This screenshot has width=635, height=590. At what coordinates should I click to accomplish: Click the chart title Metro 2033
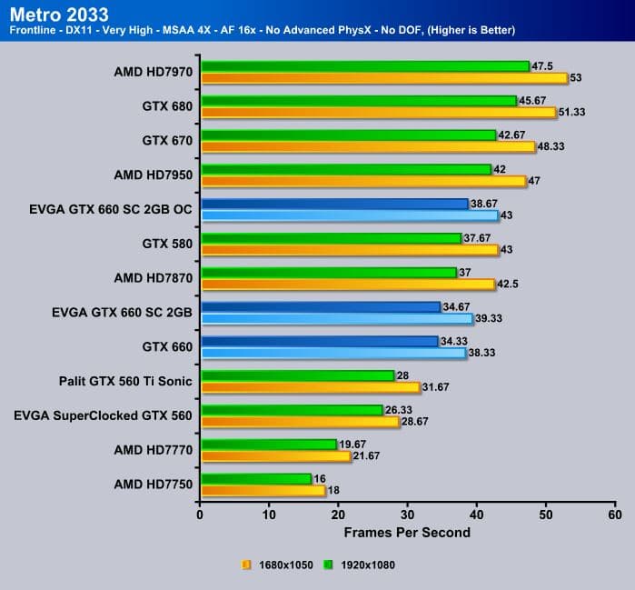(x=57, y=15)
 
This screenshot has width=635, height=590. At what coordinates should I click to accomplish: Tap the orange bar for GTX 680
(x=378, y=112)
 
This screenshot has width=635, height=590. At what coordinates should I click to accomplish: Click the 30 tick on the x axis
(x=407, y=515)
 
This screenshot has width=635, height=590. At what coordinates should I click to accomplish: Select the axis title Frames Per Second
(x=407, y=532)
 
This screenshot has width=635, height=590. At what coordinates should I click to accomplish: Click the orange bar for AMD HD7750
(x=263, y=491)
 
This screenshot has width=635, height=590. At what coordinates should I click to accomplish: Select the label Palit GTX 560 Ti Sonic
(x=125, y=381)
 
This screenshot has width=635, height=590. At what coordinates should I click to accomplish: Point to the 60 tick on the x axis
(x=614, y=515)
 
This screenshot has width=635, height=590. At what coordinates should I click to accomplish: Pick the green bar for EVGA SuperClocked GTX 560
(x=292, y=410)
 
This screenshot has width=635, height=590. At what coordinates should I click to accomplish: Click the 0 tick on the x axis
(x=200, y=515)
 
